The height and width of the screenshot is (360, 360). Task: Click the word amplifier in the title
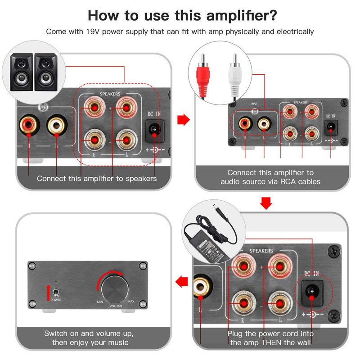pos(236,14)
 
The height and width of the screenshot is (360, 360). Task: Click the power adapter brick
pos(211,245)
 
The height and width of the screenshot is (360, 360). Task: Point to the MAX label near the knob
pos(130,301)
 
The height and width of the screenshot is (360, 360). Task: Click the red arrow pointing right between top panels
pos(182,119)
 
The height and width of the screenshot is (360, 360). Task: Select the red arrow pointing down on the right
pos(267,203)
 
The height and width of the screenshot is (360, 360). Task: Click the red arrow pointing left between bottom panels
pos(181,282)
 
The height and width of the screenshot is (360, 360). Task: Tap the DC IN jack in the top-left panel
pos(155,129)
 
